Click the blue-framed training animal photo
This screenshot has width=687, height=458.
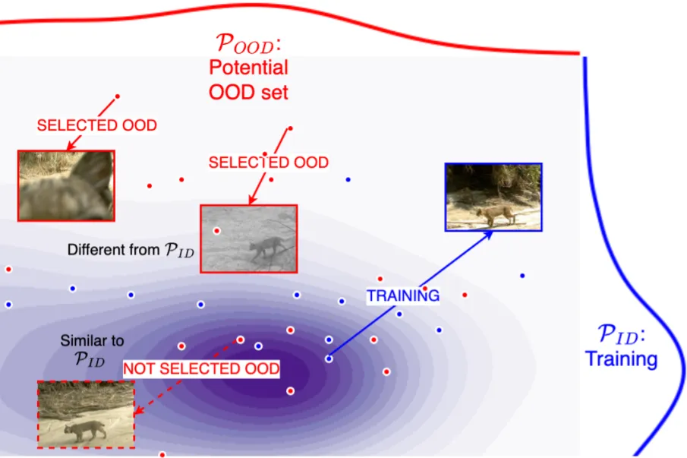click(493, 196)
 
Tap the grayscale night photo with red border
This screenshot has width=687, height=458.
click(248, 238)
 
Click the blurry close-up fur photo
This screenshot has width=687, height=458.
click(66, 185)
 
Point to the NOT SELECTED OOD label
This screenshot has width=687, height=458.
click(201, 369)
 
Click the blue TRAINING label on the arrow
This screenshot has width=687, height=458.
click(403, 296)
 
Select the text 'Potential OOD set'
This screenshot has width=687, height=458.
click(248, 80)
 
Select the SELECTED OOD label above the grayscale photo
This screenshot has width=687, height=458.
click(268, 163)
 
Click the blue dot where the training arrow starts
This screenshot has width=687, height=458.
click(329, 359)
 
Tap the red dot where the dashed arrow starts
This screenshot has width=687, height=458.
click(241, 340)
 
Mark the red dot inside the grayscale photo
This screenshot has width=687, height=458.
click(216, 229)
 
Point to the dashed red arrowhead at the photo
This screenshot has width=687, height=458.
click(137, 412)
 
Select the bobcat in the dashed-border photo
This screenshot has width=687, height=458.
click(85, 430)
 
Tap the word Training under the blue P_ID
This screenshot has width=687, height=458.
click(621, 359)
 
